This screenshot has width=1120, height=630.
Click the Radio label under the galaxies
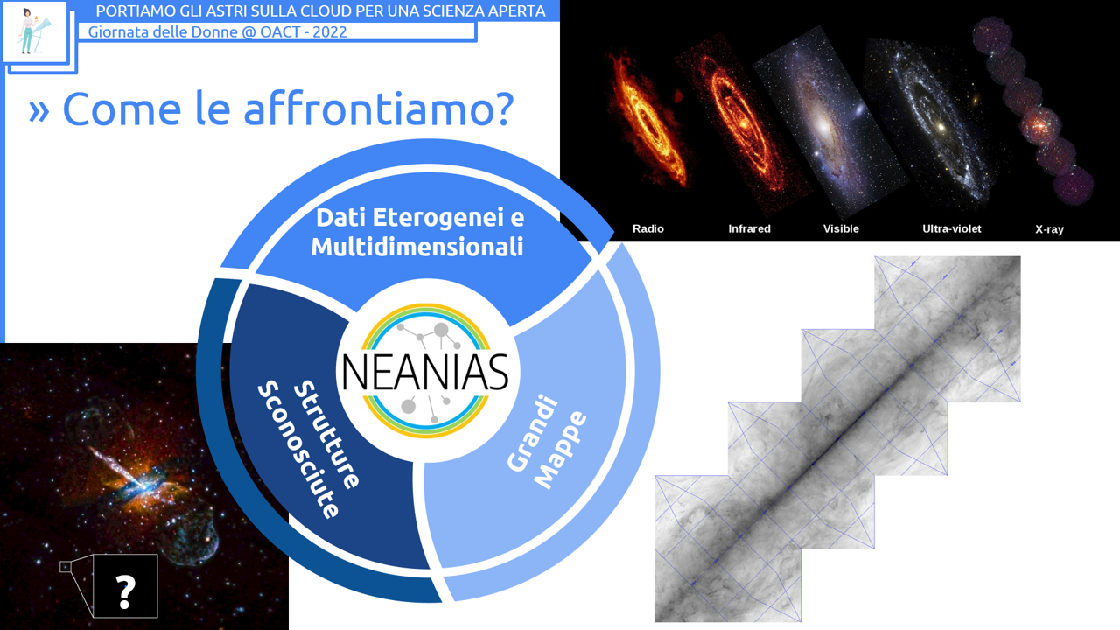[648, 228]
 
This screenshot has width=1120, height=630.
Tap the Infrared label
[749, 228]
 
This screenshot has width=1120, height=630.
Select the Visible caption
[841, 228]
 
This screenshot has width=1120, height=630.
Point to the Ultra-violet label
[951, 228]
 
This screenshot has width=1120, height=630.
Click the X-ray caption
[1049, 229]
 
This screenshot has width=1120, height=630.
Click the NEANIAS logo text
[425, 373]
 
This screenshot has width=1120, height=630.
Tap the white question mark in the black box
[125, 591]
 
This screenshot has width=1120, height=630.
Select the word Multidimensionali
[417, 247]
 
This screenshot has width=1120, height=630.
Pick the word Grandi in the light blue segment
[532, 432]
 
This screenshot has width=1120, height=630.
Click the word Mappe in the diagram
[560, 450]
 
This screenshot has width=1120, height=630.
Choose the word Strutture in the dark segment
[325, 434]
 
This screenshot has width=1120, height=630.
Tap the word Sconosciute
[298, 449]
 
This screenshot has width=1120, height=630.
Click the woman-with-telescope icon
[34, 31]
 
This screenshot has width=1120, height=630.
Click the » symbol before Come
[39, 111]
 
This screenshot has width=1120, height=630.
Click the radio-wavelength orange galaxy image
[646, 120]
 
